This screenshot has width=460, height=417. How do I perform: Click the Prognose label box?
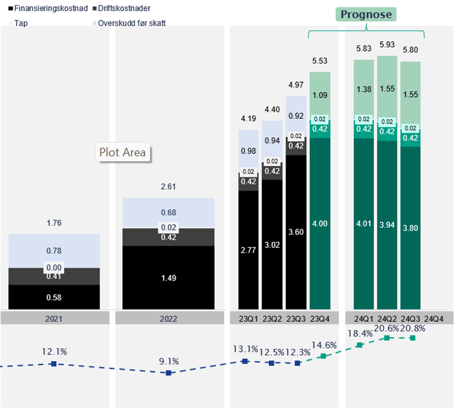(x=366, y=14)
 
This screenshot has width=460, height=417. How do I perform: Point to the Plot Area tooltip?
(x=123, y=152)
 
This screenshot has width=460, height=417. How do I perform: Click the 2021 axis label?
(x=54, y=319)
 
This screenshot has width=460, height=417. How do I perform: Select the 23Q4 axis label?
(x=320, y=319)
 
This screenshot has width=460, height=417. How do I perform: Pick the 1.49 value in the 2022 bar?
(x=168, y=278)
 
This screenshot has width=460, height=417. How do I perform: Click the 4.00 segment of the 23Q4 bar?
(x=320, y=223)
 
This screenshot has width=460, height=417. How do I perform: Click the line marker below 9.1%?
(x=168, y=373)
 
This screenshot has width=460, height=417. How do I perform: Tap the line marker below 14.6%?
(x=323, y=356)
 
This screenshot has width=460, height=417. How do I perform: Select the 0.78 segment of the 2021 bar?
(x=54, y=251)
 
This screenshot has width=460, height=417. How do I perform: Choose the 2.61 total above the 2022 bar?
(x=168, y=187)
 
